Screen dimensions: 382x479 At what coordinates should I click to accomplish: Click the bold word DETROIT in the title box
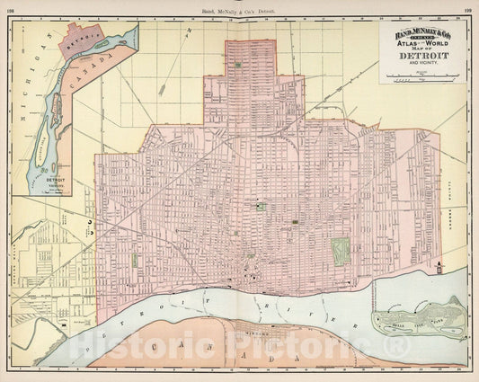pyautogui.click(x=421, y=56)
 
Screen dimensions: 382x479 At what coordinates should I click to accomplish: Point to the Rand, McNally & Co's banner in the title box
pyautogui.click(x=420, y=35)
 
